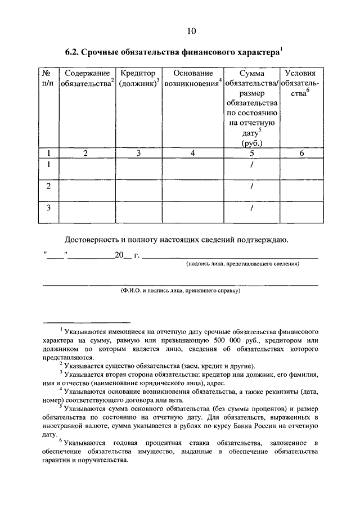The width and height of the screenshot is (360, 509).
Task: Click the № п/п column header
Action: [x=48, y=79]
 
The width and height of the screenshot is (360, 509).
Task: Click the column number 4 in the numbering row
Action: [x=193, y=153]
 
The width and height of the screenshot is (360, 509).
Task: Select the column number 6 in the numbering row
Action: [x=301, y=153]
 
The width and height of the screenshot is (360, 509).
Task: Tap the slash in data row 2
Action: [x=252, y=186]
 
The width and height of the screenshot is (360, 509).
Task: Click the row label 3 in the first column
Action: [x=48, y=208]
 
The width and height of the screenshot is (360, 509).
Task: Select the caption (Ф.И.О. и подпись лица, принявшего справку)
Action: [x=180, y=291]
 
